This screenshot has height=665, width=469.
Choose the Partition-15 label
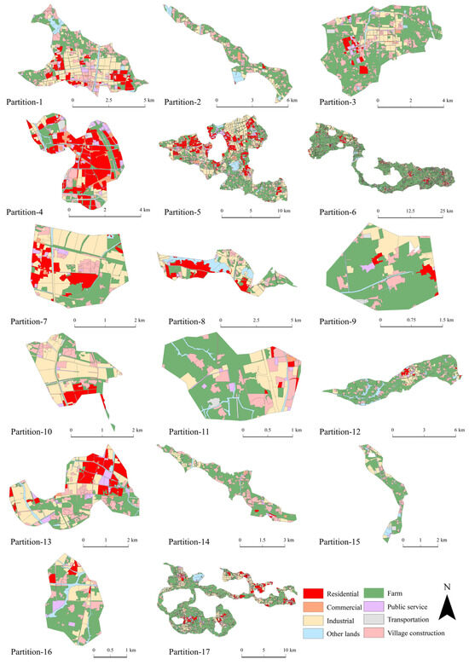(342, 541)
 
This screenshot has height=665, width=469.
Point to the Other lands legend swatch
(316, 633)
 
